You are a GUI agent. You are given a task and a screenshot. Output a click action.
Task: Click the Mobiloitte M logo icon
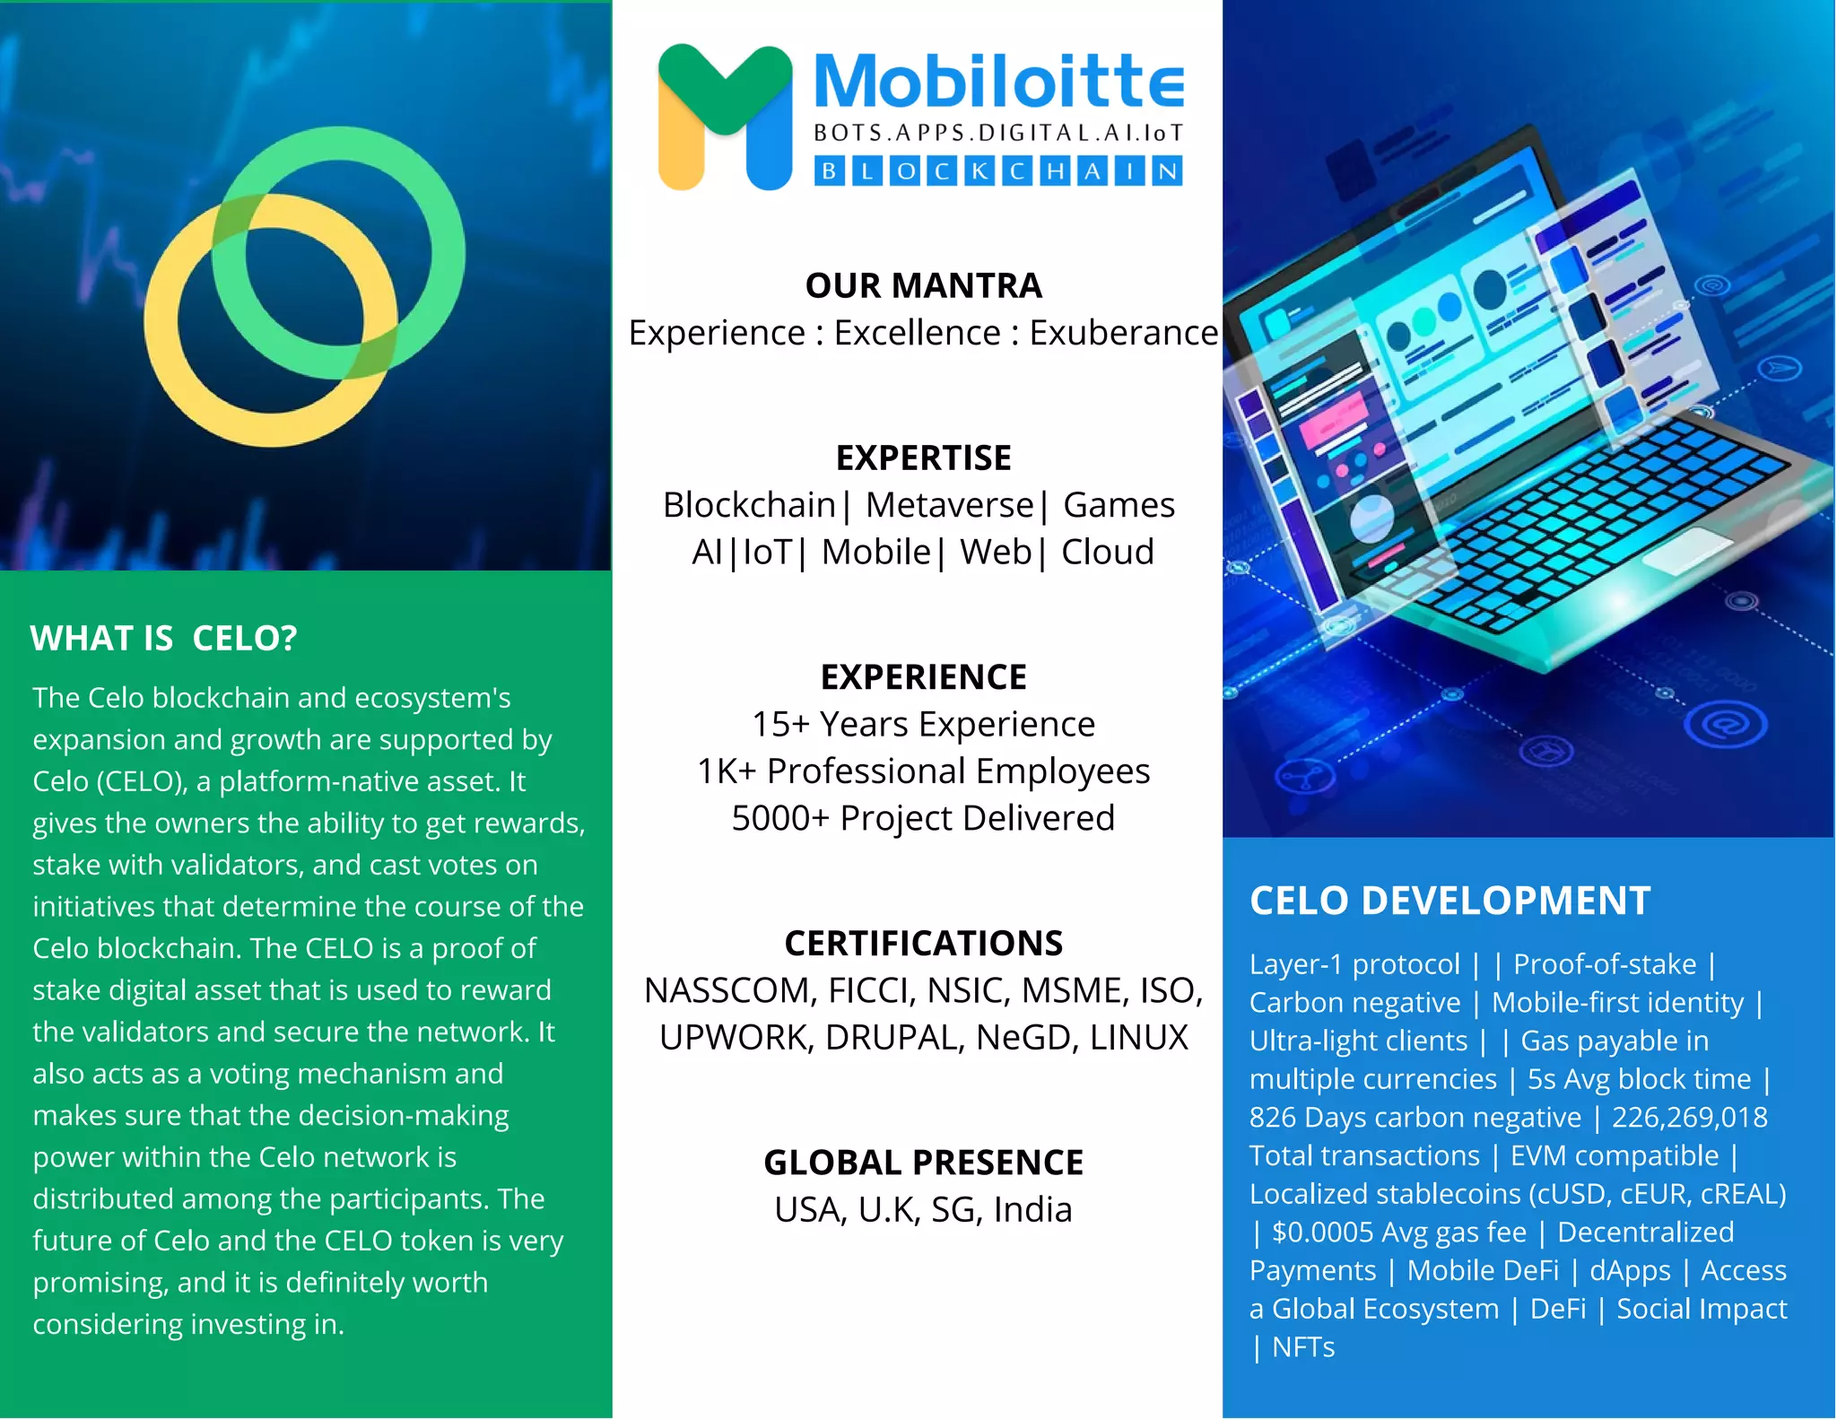[x=725, y=117]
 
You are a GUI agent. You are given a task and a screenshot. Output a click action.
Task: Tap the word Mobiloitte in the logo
[x=998, y=82]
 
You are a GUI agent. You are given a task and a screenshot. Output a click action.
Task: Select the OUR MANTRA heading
[x=923, y=286]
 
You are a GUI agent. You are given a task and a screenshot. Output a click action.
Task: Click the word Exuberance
[x=1123, y=333]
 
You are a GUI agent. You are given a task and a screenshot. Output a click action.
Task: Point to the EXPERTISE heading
[x=923, y=458]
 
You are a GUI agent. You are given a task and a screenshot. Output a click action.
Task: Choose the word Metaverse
[x=949, y=505]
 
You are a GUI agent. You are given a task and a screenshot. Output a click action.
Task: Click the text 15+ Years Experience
[x=923, y=724]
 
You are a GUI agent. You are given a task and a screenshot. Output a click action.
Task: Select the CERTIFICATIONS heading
[x=923, y=944]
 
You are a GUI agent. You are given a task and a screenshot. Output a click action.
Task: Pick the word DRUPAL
[x=894, y=1038]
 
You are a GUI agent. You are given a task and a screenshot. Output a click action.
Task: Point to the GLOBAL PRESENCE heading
[x=923, y=1163]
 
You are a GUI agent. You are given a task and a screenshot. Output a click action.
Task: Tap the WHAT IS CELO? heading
[x=163, y=639]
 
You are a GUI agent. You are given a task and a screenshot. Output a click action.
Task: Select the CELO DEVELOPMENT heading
[x=1450, y=901]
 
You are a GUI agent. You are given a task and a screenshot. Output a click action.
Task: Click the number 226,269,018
[x=1689, y=1118]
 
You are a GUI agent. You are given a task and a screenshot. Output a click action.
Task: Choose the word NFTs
[x=1302, y=1347]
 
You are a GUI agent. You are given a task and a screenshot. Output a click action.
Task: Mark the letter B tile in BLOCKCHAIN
[x=830, y=170]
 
